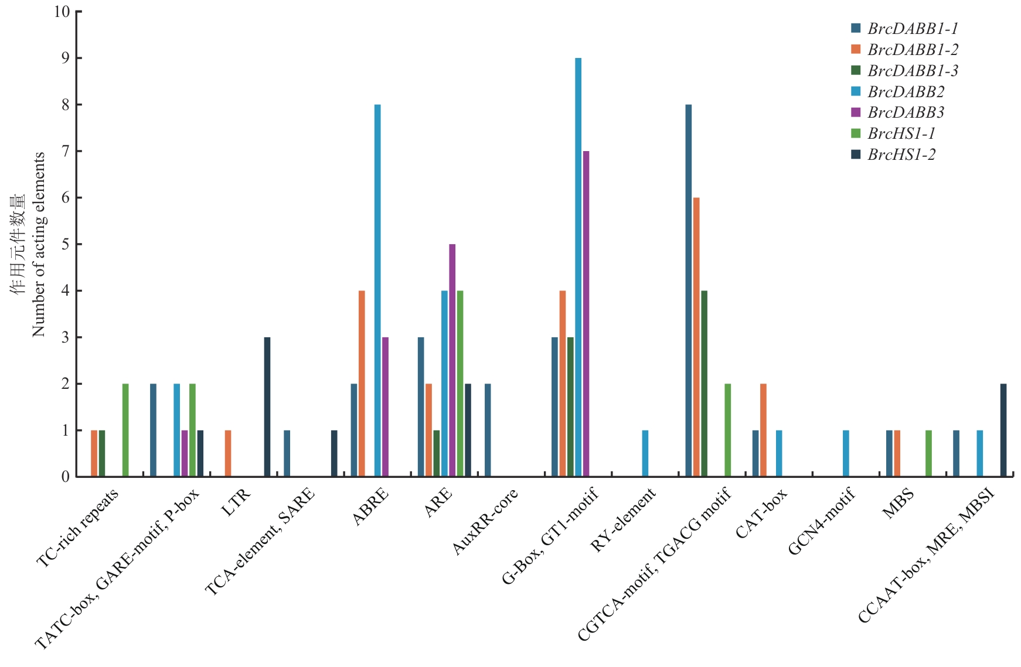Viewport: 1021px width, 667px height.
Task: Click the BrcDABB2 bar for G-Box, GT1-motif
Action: pyautogui.click(x=578, y=267)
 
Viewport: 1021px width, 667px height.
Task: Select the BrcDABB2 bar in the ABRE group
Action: pyautogui.click(x=377, y=290)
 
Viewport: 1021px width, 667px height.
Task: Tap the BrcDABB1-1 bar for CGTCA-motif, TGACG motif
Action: pyautogui.click(x=689, y=290)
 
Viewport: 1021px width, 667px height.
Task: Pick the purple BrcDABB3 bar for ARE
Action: pyautogui.click(x=452, y=360)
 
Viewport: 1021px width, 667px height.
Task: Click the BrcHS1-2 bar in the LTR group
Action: pyautogui.click(x=267, y=407)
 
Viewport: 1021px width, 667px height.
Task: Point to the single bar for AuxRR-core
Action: pyautogui.click(x=488, y=430)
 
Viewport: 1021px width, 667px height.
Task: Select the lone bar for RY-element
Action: pyautogui.click(x=645, y=453)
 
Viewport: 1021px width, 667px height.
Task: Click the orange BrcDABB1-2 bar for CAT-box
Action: pyautogui.click(x=763, y=430)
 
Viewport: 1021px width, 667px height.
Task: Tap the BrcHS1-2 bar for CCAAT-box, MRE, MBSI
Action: pyautogui.click(x=1003, y=430)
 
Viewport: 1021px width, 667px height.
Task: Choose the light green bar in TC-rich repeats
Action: pyautogui.click(x=125, y=430)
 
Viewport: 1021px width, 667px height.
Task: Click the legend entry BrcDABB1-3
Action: pyautogui.click(x=913, y=71)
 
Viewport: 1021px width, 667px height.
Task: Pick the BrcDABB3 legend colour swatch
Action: pyautogui.click(x=856, y=112)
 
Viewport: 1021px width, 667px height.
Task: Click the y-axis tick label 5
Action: pyautogui.click(x=65, y=244)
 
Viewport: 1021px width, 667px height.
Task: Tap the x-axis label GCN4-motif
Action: pyautogui.click(x=822, y=521)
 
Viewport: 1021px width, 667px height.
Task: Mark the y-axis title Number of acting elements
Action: pyautogui.click(x=39, y=244)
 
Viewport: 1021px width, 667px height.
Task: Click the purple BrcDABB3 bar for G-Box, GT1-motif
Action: pyautogui.click(x=586, y=314)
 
